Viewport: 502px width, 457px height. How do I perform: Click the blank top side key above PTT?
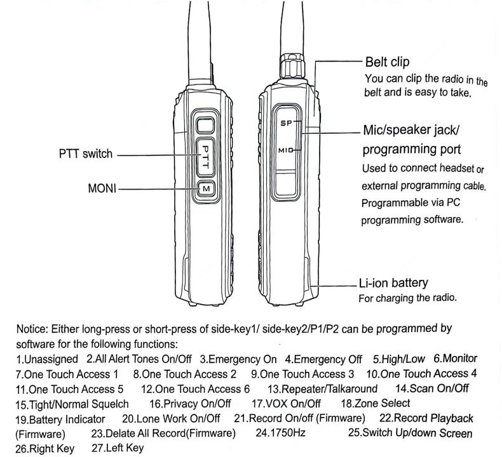click(x=205, y=124)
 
